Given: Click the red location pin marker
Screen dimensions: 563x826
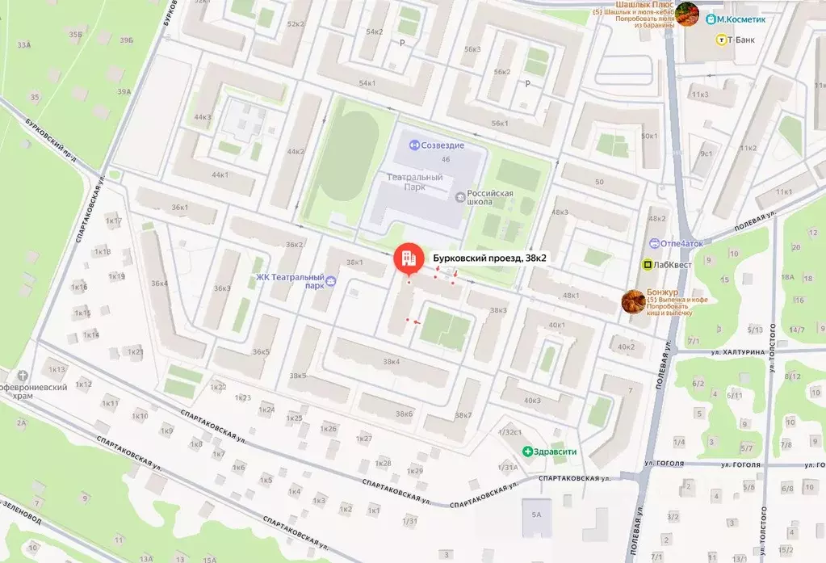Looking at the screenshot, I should point(408,259).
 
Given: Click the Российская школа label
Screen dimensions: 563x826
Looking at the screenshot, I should point(490,199).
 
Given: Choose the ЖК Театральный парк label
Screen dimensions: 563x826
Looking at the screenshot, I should point(290,280).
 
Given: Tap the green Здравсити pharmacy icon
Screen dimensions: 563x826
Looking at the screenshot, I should point(527,452).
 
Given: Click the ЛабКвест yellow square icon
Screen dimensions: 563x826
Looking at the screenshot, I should point(647,264).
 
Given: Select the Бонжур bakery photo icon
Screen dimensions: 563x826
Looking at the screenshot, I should point(632,301).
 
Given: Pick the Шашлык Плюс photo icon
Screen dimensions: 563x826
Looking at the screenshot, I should point(687,14).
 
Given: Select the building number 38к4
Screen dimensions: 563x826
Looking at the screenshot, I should point(392,361).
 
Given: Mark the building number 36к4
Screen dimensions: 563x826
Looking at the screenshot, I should point(158,284).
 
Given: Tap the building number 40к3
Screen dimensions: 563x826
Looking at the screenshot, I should point(532,401).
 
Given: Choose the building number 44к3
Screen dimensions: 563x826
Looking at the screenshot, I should point(203,117).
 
